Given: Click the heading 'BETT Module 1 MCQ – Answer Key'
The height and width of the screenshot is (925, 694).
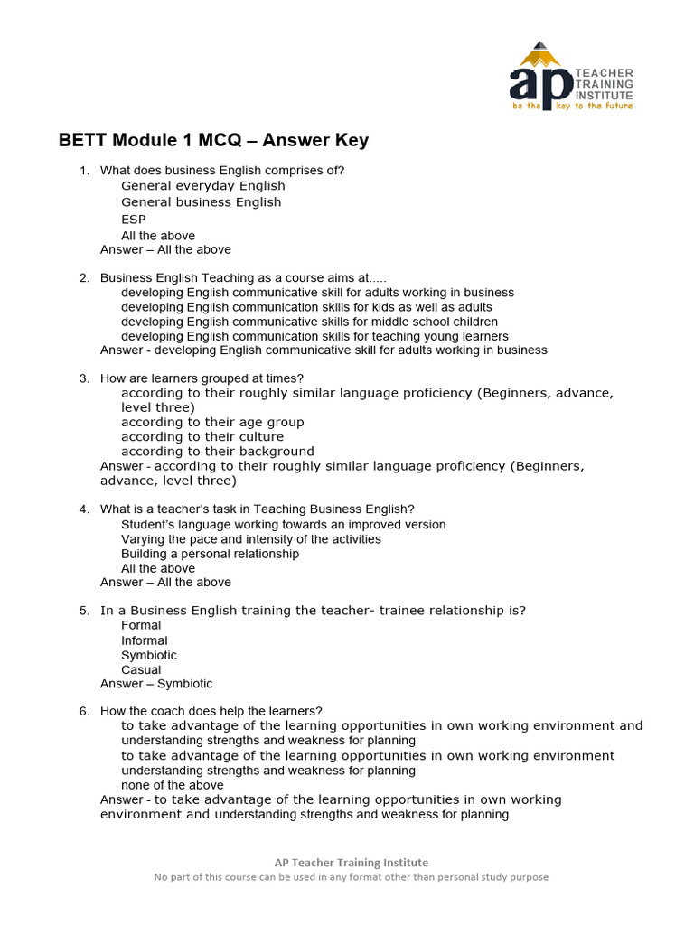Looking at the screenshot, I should pos(213,141).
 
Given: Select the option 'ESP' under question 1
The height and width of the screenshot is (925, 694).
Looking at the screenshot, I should pos(134,219).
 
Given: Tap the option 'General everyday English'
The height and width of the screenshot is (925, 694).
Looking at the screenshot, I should pos(202,186).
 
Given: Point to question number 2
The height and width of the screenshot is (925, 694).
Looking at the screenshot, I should pos(83,278).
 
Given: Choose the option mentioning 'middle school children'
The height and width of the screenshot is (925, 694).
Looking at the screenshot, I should pos(309,322).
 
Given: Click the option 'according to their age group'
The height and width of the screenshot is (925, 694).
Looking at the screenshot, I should pos(212,422).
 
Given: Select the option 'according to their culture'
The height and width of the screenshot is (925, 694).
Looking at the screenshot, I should pos(202,436).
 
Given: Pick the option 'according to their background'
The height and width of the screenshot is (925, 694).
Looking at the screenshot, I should pos(218,451).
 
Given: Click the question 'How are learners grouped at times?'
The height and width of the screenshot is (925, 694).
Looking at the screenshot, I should pos(202,378).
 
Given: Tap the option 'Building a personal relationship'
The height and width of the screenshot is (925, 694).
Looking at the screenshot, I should pos(210,554).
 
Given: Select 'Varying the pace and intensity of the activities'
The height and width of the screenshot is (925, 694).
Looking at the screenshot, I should pos(251,539).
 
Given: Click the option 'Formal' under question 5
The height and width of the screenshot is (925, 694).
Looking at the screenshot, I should pos(141,625).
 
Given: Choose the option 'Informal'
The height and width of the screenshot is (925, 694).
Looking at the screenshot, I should pos(145,640).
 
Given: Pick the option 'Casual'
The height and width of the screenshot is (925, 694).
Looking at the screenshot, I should pos(141,669).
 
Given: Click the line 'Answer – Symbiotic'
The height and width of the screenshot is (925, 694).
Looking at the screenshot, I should pos(156,684).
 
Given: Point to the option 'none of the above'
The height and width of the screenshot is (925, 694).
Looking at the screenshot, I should pos(173,785).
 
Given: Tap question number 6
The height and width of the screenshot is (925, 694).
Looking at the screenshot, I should pos(83,711).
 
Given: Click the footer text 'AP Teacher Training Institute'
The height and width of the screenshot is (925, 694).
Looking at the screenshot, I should pos(352,863).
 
